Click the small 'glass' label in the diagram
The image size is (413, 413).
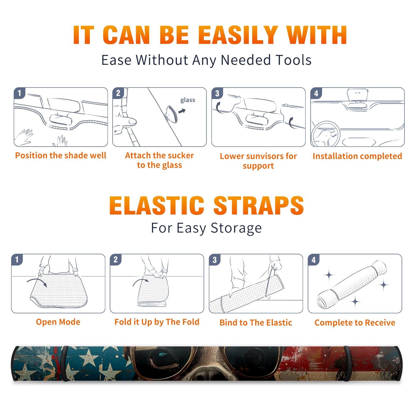point(188,100)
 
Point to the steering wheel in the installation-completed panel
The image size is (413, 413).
point(325,134)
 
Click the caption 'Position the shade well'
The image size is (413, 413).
point(61,155)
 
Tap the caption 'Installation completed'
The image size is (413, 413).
point(357,156)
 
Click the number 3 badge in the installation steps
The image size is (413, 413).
point(217,93)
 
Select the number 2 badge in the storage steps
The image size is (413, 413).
point(116,259)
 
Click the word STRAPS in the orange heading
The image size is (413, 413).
point(259,205)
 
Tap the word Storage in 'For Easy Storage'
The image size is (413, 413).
point(236,228)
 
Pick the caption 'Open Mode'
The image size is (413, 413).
point(58,322)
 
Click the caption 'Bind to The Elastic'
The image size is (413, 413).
point(256,323)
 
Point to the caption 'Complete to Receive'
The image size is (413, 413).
point(355,323)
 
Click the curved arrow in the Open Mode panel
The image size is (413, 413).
point(37,281)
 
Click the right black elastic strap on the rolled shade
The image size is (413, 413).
point(348,363)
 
